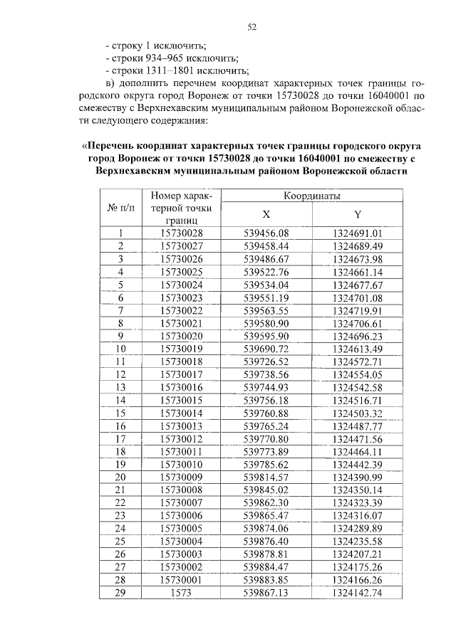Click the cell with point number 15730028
pos(182,233)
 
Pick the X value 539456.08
pos(266,233)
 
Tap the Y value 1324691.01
pos(358,233)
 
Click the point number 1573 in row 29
pos(182,592)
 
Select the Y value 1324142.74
pos(358,592)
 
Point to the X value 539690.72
pos(266,348)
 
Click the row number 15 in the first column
pos(120,413)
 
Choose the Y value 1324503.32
pos(358,413)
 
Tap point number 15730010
pos(182,464)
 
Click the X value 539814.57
pos(266,477)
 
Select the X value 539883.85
pos(266,579)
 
